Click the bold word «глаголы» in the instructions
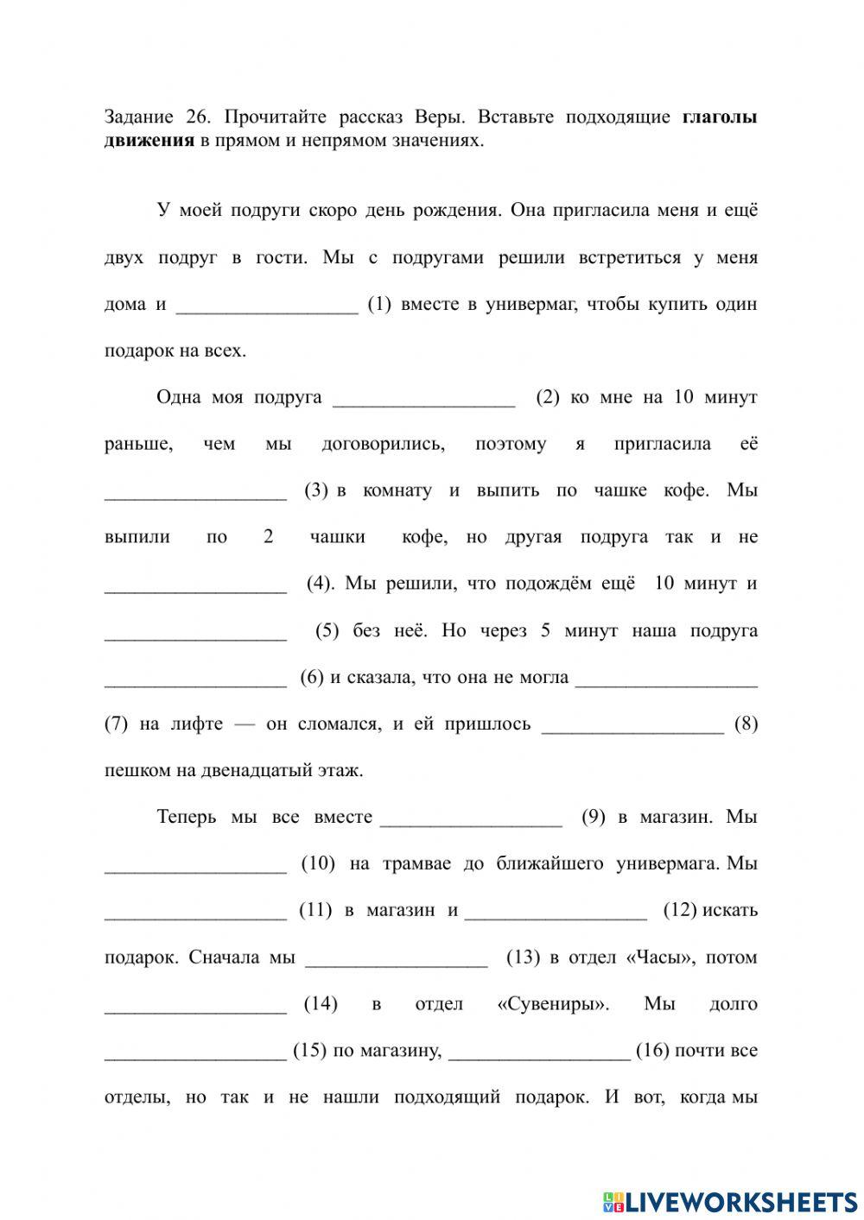pyautogui.click(x=719, y=117)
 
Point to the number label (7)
pyautogui.click(x=116, y=724)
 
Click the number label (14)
pyautogui.click(x=321, y=1004)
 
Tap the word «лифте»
pyautogui.click(x=193, y=724)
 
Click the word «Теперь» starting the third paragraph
pyautogui.click(x=187, y=818)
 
